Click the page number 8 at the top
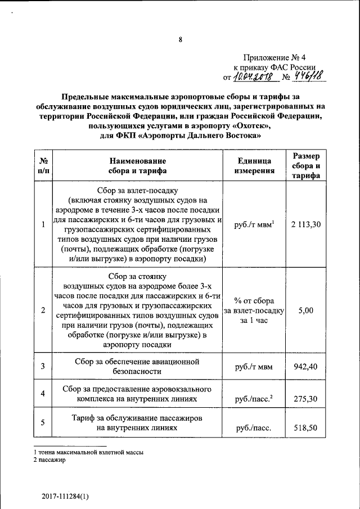tap(180, 39)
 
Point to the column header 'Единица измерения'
tap(255, 166)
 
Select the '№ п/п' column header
tap(43, 166)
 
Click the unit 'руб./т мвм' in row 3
tap(254, 367)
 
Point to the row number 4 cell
tap(43, 393)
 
